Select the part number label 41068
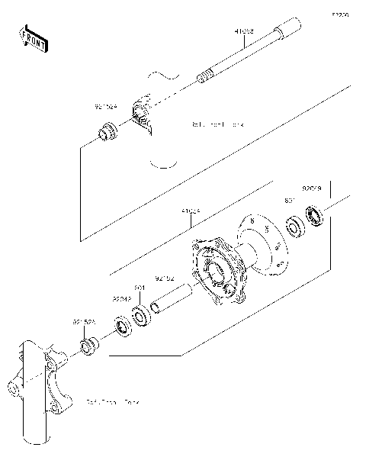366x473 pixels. tap(244, 32)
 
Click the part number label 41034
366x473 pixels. tap(191, 211)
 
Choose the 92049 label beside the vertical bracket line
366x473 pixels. tap(312, 187)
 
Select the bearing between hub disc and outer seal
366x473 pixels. tap(294, 228)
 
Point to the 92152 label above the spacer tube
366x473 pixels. tap(165, 278)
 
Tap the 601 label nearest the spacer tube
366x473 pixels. tap(140, 288)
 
